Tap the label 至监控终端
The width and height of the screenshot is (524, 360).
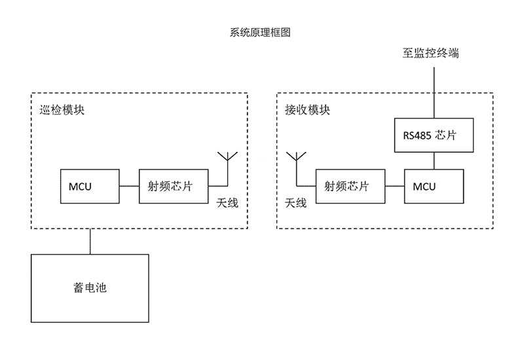[x=430, y=54]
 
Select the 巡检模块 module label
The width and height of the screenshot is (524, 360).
[x=62, y=110]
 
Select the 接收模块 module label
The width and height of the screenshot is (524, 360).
[x=307, y=110]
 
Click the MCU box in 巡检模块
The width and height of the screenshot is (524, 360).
[x=89, y=186]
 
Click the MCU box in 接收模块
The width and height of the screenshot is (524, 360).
[x=434, y=186]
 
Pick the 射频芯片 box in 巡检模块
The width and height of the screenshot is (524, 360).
[x=173, y=186]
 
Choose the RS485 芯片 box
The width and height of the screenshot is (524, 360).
[x=434, y=135]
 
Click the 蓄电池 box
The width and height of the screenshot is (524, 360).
[x=90, y=288]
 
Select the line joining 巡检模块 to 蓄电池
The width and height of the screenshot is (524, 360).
[x=90, y=242]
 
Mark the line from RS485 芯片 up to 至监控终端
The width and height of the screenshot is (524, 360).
[x=434, y=92]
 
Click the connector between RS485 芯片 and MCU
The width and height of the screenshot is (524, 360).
[x=434, y=161]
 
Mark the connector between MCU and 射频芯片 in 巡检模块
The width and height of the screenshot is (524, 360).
[x=130, y=187]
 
